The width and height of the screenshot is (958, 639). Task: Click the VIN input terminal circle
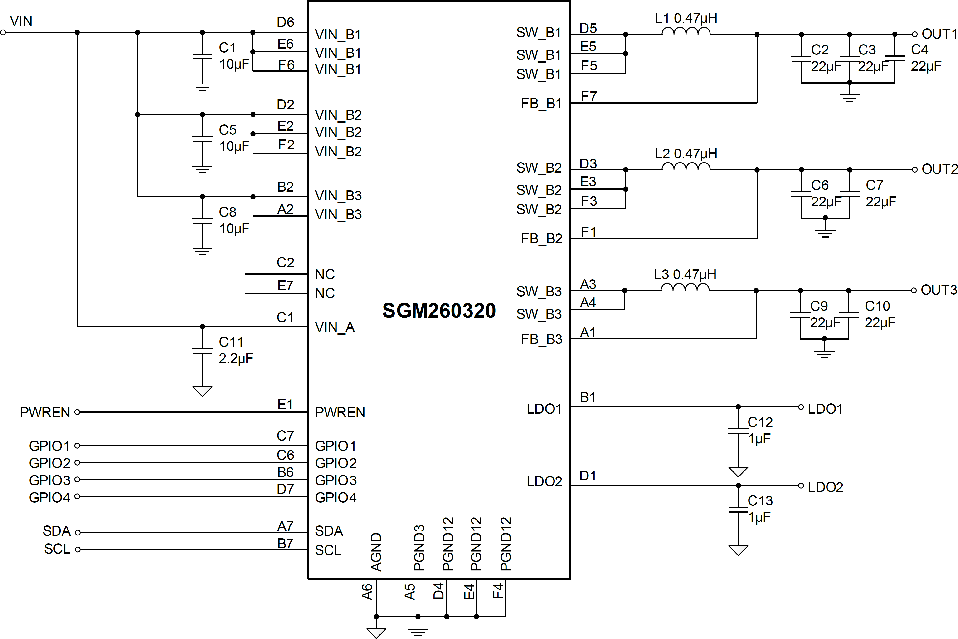[3, 32]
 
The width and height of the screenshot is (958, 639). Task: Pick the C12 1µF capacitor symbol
[738, 431]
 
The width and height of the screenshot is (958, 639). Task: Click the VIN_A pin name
[335, 327]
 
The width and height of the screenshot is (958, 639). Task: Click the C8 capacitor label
[228, 212]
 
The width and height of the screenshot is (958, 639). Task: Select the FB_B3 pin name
[541, 339]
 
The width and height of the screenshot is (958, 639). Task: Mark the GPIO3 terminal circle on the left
[77, 479]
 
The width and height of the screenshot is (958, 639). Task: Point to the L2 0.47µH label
[686, 154]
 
